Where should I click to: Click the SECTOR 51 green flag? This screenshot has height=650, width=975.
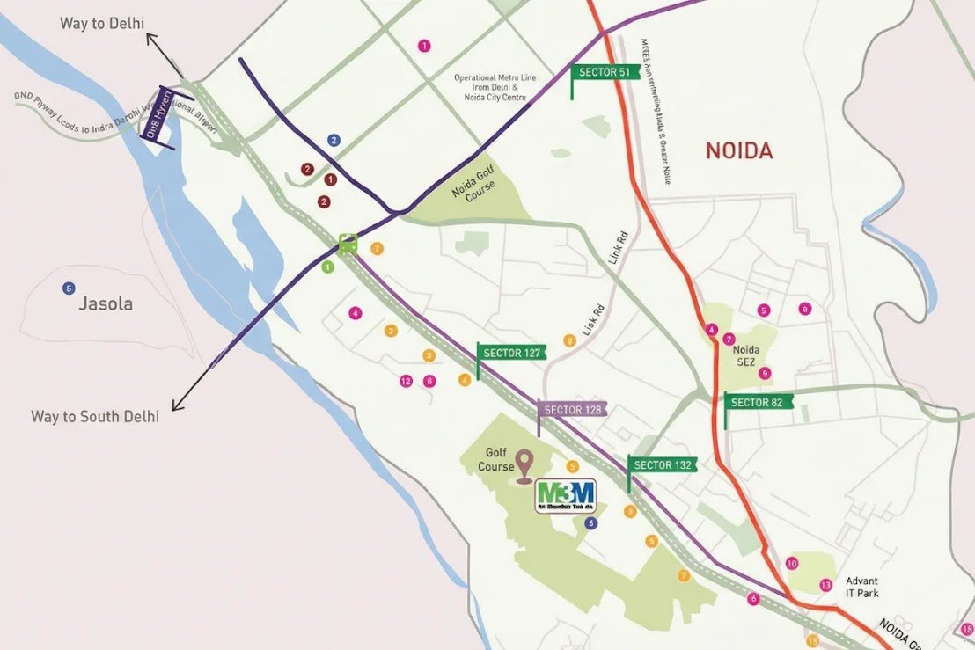605,72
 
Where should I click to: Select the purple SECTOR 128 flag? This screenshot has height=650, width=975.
573,410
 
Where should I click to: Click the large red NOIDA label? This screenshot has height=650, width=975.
739,150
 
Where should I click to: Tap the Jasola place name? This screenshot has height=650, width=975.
106,304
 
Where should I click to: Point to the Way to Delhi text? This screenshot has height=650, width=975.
102,23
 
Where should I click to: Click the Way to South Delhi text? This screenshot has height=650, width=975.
95,416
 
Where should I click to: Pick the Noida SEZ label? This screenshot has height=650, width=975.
747,356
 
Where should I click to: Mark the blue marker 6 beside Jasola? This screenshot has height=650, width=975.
69,288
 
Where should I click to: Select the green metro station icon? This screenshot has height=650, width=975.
348,242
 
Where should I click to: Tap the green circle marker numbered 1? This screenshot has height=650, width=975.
328,267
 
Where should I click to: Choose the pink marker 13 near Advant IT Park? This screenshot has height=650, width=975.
825,585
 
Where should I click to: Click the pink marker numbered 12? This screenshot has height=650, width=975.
406,381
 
